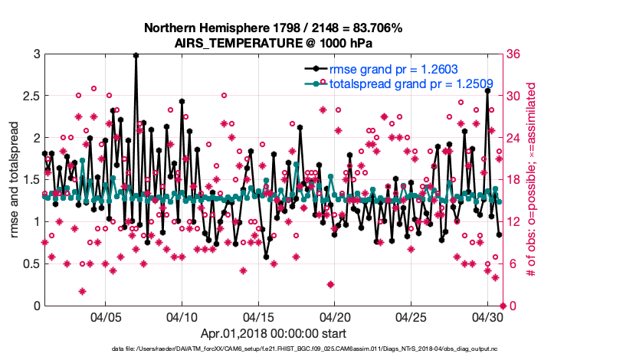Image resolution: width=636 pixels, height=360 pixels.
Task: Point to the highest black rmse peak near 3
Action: [x=136, y=55]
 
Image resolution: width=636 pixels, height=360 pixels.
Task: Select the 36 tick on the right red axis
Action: [x=515, y=54]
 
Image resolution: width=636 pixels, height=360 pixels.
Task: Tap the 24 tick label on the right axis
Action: [x=515, y=139]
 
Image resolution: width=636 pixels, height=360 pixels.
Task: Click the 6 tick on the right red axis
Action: [x=512, y=264]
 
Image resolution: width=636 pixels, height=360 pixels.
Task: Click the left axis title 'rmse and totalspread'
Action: [x=15, y=180]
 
